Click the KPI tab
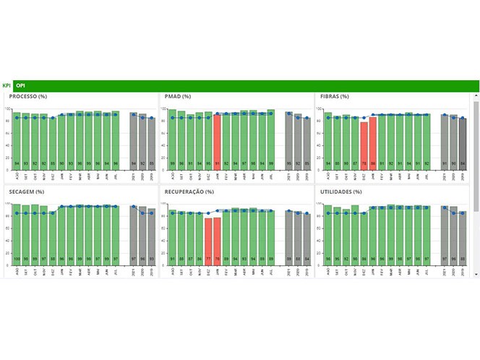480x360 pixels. coord(7,85)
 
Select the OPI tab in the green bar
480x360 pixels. coord(20,85)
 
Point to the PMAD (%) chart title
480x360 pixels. coord(178,96)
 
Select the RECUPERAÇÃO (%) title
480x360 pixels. coord(189,192)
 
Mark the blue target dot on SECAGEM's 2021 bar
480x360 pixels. coord(134,207)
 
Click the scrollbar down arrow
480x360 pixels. coord(475,275)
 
